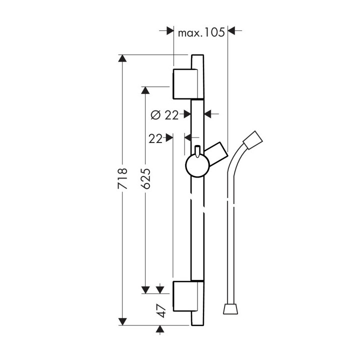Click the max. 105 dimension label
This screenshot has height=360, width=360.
201,33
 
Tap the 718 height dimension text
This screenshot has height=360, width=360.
122,178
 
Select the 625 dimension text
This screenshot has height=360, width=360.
145,178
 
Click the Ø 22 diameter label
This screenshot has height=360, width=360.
164,115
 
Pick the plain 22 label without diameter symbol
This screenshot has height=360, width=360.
155,139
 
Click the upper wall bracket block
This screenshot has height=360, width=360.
185,84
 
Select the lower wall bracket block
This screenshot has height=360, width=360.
185,296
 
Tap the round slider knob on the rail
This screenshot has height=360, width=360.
197,166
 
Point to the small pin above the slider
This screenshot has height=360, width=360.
197,151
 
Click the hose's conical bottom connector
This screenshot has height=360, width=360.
230,309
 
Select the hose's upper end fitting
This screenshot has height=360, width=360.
253,140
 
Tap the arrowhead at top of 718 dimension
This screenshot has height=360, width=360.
122,58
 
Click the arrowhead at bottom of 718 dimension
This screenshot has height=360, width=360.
122,321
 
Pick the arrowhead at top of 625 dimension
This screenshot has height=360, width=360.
145,90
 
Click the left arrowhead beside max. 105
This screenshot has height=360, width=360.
170,30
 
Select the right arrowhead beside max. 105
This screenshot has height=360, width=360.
231,30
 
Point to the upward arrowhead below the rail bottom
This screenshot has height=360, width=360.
160,329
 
